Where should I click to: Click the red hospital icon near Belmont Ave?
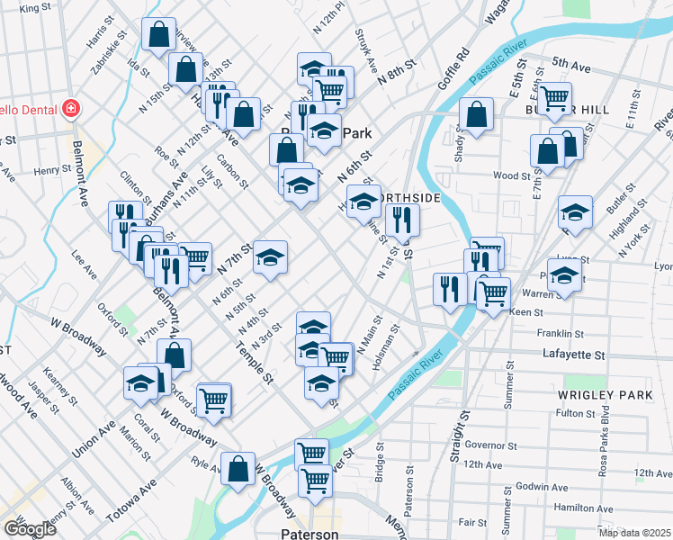click(x=70, y=110)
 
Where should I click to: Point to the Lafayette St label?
click(x=574, y=355)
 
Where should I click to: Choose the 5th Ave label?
click(x=570, y=65)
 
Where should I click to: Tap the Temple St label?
click(x=254, y=364)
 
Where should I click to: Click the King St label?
click(x=35, y=7)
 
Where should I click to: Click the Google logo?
click(x=30, y=529)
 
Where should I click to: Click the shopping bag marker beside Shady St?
click(x=476, y=115)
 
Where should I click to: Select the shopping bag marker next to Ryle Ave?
click(x=238, y=469)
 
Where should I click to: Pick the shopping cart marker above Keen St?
click(x=492, y=292)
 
